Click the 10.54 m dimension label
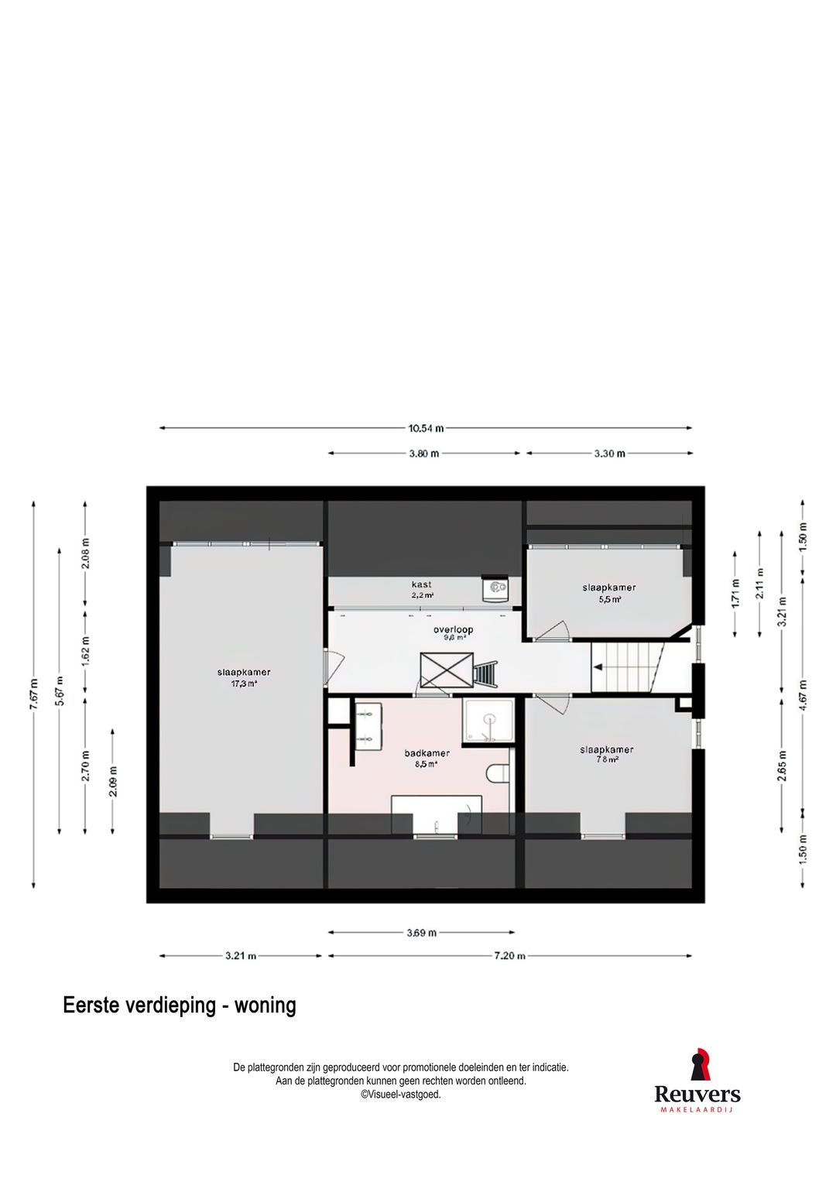426,427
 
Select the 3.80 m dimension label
424,454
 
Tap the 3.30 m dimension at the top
609,454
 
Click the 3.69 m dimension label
422,933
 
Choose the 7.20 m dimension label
509,956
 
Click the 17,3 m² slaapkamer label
244,677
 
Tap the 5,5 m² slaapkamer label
609,593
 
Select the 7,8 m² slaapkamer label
607,754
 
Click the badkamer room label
427,758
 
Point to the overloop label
453,633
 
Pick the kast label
422,590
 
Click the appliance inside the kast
494,589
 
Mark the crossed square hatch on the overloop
446,670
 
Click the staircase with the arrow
627,667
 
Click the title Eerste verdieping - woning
180,1006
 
